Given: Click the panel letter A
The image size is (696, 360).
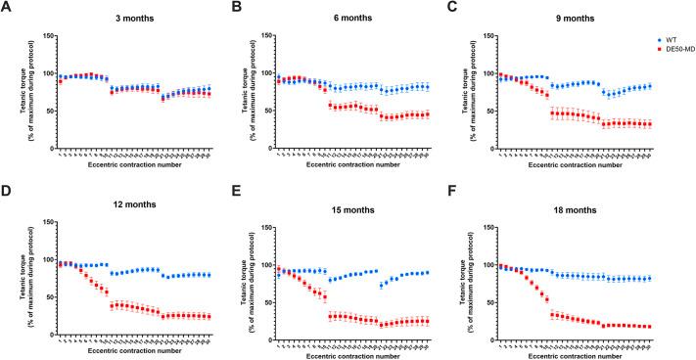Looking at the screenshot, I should coord(7,8).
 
